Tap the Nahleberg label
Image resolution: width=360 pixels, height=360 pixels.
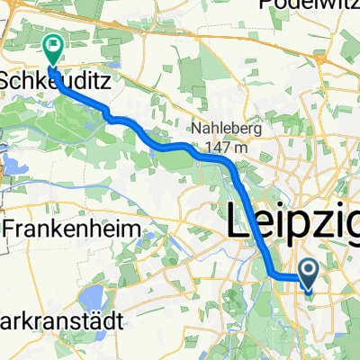coord(224,129)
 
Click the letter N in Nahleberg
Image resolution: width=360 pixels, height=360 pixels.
coord(193,129)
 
